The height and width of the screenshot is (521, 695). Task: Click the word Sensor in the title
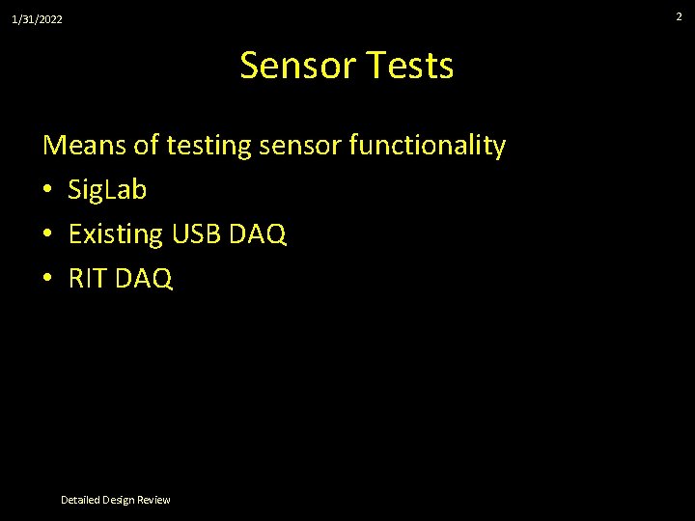298,66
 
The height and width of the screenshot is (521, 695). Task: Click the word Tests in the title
410,66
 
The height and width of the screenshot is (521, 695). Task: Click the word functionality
428,147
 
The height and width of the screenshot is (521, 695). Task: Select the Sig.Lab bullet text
107,191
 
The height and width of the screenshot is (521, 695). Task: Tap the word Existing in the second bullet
115,235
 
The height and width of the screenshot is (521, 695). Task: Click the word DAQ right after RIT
146,280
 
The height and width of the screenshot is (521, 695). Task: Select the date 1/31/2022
37,19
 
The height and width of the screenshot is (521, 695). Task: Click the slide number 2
679,16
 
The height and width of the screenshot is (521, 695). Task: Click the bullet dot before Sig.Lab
48,191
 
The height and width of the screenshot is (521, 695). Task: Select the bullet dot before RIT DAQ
48,280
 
